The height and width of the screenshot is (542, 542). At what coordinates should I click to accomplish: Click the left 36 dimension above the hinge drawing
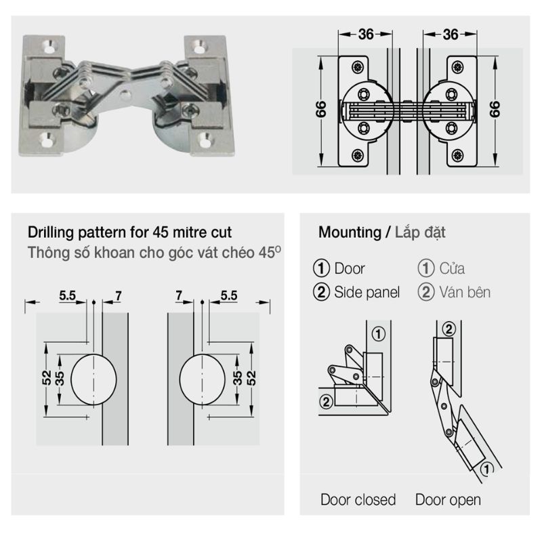tap(365, 34)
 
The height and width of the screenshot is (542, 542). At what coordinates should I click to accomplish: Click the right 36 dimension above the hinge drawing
tap(451, 34)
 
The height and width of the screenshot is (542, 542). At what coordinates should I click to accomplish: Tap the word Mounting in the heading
tap(350, 232)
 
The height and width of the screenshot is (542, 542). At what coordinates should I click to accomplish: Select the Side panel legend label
tap(366, 292)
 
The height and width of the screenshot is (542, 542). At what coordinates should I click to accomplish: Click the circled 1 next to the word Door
tap(323, 268)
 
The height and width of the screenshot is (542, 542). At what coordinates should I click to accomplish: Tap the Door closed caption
tap(358, 500)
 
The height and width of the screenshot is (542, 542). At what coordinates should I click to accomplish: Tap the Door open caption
tap(448, 500)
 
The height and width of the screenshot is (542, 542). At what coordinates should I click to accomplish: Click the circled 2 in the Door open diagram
tap(448, 329)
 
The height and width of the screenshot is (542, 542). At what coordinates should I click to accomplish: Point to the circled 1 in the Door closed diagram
tap(378, 333)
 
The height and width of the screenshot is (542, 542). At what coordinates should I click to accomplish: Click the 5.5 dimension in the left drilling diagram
tap(68, 295)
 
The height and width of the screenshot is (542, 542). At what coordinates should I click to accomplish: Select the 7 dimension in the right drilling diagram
tap(179, 295)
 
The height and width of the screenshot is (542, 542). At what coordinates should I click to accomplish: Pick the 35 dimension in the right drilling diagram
tap(238, 378)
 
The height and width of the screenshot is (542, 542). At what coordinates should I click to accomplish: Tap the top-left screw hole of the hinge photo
tap(49, 45)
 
